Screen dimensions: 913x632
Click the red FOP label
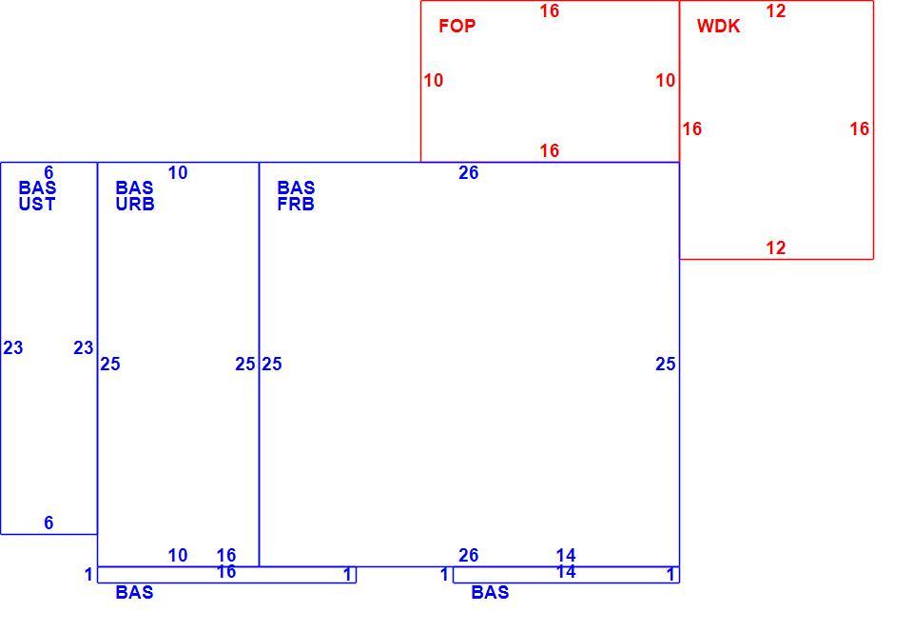[457, 26]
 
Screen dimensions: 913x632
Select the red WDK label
[719, 26]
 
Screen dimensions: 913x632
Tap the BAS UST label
[37, 196]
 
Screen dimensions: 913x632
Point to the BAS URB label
[134, 196]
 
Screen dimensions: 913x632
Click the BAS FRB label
[296, 196]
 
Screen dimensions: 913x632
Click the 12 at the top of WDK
[776, 10]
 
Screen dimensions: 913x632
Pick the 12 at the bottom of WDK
[776, 247]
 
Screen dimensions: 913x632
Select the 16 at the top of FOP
[549, 10]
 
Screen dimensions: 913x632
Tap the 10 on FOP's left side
[434, 80]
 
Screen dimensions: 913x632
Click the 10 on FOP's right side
[666, 80]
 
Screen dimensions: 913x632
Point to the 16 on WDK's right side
[860, 128]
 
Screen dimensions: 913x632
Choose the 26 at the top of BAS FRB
[469, 172]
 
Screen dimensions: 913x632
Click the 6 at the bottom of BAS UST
[49, 523]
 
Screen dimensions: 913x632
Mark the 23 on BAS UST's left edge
[13, 347]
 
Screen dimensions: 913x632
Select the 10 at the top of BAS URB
[178, 172]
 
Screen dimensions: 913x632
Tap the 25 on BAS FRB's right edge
[666, 364]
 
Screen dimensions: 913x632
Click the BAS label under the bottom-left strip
[134, 592]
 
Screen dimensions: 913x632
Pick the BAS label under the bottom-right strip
[491, 592]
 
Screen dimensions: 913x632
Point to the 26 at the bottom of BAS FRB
[469, 555]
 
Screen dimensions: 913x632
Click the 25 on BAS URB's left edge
[110, 364]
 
